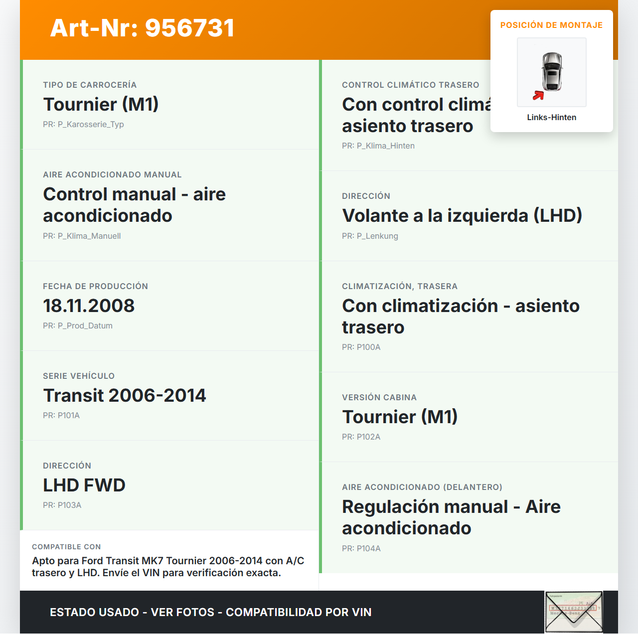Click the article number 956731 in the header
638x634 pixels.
(189, 28)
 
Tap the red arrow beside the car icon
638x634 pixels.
(538, 95)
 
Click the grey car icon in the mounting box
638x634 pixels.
(552, 71)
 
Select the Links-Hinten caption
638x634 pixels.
(551, 117)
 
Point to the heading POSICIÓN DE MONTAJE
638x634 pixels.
(551, 25)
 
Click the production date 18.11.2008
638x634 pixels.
(89, 306)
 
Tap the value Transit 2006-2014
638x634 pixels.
(124, 395)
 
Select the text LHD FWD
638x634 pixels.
(84, 485)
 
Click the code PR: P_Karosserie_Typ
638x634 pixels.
(83, 124)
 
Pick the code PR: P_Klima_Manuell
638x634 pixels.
(82, 236)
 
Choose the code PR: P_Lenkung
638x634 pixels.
(370, 236)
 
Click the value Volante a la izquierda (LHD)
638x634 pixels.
(462, 215)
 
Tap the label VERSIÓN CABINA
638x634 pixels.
(379, 397)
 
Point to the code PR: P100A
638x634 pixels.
(361, 347)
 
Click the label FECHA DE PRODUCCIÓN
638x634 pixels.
(95, 286)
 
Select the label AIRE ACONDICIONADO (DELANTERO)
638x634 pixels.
(422, 487)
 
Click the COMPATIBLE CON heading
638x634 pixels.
(66, 547)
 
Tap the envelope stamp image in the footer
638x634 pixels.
(574, 612)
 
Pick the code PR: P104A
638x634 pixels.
(361, 548)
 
